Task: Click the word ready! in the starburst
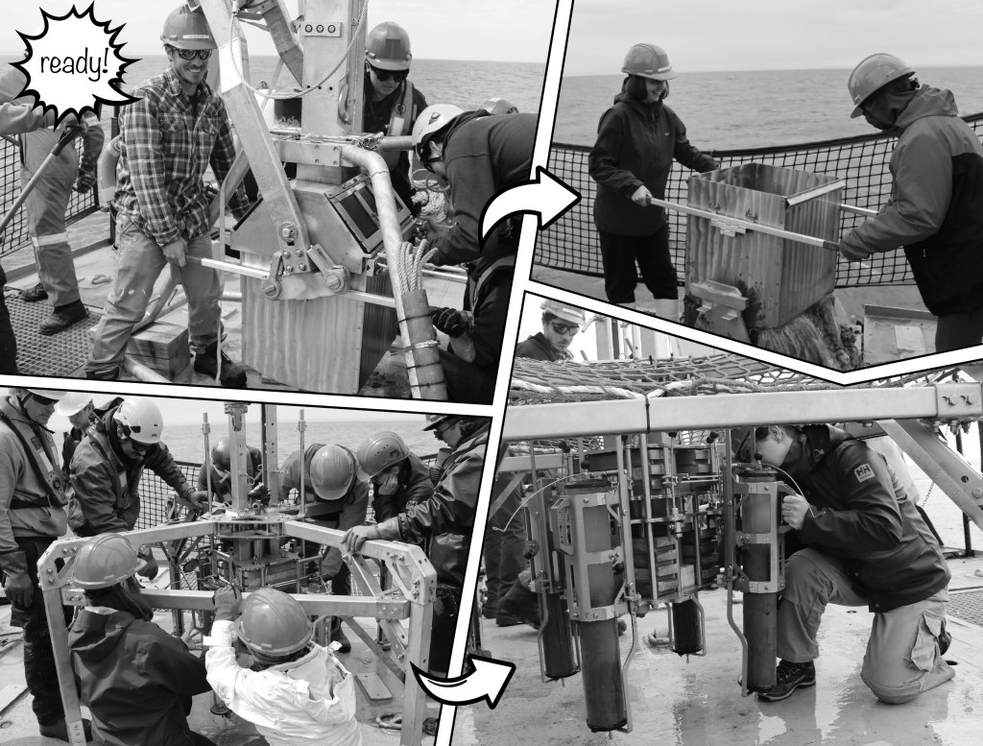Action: (x=75, y=63)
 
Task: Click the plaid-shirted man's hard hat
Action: (x=187, y=28)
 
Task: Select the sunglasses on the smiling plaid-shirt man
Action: (x=192, y=54)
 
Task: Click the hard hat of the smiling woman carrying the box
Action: (x=648, y=62)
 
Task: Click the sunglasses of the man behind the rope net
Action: (x=563, y=327)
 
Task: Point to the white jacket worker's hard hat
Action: (x=273, y=622)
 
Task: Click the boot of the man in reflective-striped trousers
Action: (x=62, y=317)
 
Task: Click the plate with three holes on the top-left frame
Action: (x=319, y=29)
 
